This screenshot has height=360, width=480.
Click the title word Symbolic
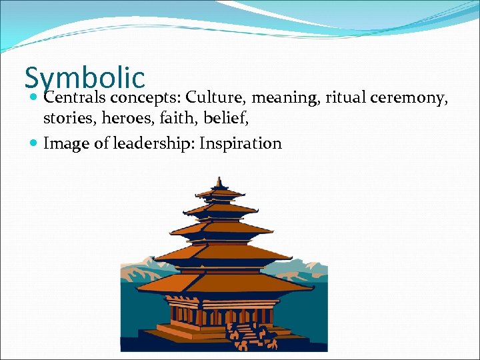pos(85,77)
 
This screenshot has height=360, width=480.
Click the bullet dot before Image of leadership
pos(34,143)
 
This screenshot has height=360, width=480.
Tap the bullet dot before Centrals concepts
pos(34,99)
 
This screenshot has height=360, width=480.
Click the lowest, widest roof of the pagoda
pos(220,283)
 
